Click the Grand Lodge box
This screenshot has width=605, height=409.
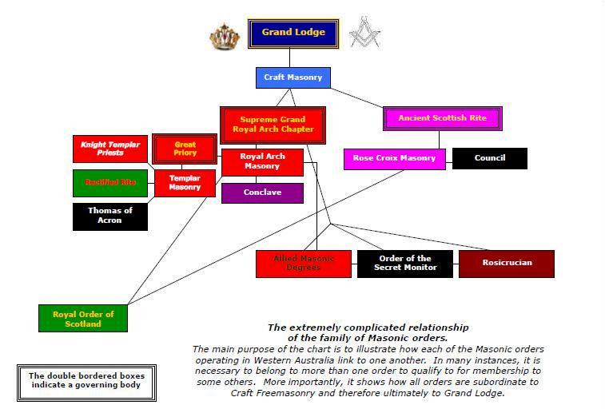click(x=293, y=34)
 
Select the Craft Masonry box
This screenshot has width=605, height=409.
click(x=293, y=77)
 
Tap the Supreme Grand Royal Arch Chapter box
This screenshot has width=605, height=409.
click(x=273, y=125)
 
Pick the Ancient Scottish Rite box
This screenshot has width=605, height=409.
click(x=442, y=118)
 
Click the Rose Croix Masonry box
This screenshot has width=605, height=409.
click(x=394, y=158)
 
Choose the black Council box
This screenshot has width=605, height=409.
click(x=489, y=158)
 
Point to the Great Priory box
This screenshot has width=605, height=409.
click(x=185, y=149)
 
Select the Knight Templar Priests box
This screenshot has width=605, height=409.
click(x=110, y=149)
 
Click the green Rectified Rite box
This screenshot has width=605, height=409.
click(x=110, y=183)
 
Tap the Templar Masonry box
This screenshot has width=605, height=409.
click(x=185, y=183)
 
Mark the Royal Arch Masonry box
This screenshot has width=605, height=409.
click(x=262, y=162)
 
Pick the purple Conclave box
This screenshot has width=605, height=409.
click(x=262, y=193)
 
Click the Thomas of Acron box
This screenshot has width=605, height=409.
click(x=110, y=216)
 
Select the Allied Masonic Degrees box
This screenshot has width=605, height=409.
click(x=304, y=264)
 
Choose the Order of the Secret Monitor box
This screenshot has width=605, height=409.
click(x=404, y=264)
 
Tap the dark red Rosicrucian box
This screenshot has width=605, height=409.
click(x=507, y=264)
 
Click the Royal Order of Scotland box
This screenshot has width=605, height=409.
click(x=83, y=319)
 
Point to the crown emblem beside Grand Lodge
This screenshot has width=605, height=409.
click(x=225, y=36)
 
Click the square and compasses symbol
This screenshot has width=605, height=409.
click(x=364, y=32)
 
